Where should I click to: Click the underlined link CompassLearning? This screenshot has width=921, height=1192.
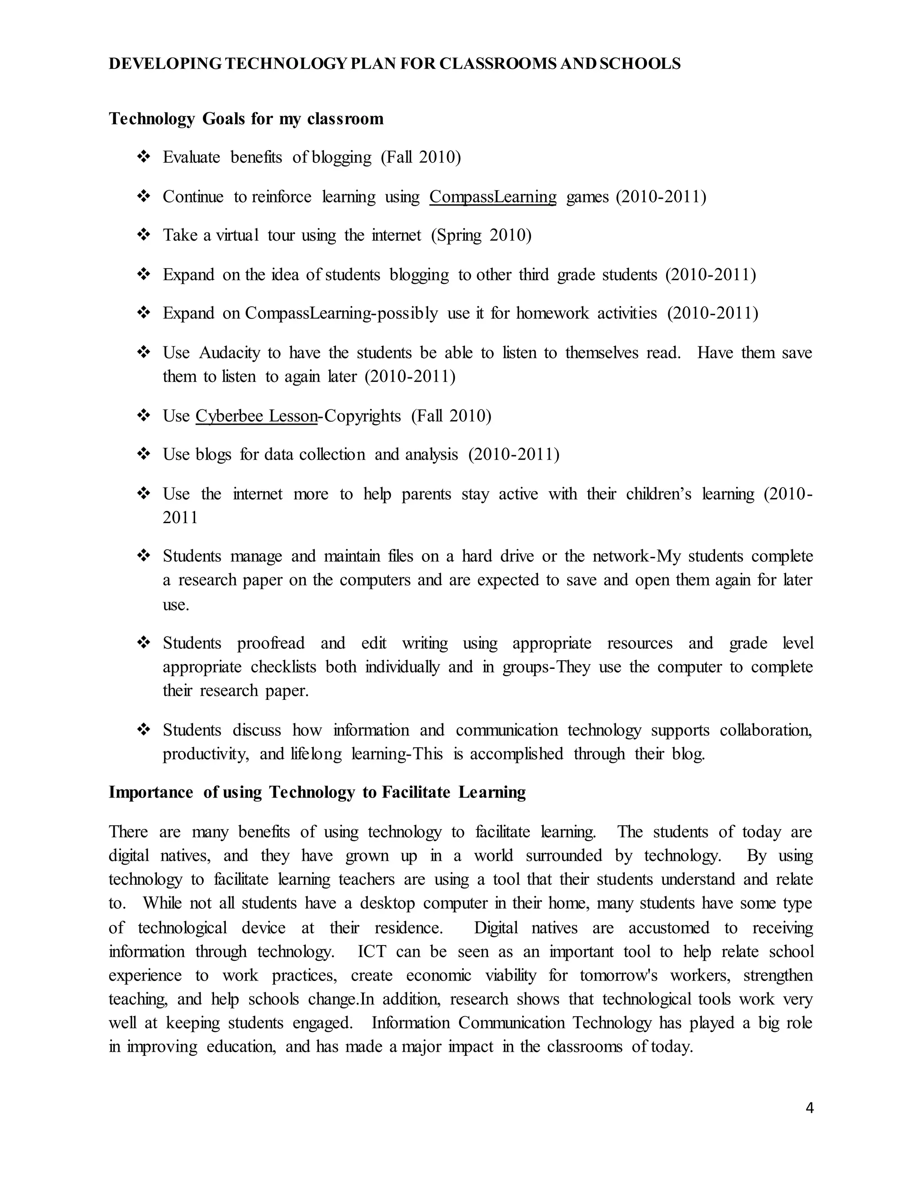click(x=493, y=197)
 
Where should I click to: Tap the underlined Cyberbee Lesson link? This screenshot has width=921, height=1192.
click(x=256, y=416)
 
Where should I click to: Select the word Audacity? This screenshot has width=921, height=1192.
click(x=229, y=353)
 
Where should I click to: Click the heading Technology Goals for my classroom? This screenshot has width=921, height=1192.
click(x=246, y=118)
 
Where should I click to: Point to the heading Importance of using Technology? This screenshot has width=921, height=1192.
click(x=317, y=792)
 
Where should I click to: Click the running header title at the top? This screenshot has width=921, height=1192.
click(x=394, y=64)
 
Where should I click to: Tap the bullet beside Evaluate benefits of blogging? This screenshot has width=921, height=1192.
click(x=143, y=157)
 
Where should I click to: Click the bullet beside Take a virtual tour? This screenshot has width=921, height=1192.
click(x=143, y=235)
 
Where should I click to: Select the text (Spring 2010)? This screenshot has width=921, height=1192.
click(x=481, y=235)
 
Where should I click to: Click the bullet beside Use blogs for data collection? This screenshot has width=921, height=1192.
click(x=143, y=454)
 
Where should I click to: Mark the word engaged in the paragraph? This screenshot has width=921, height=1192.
click(x=322, y=1023)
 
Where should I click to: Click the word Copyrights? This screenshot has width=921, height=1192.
click(x=362, y=416)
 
